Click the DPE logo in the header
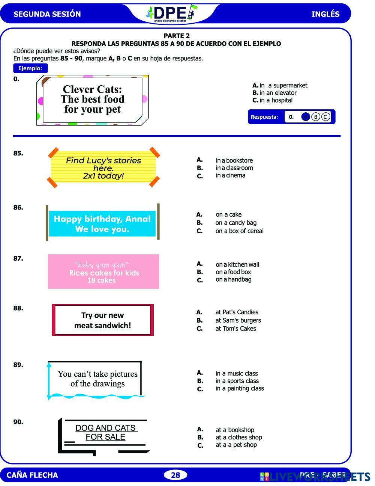tap(171, 14)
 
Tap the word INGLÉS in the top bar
tap(325, 14)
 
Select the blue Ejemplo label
tap(30, 68)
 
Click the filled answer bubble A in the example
tap(306, 117)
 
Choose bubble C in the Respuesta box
tap(325, 117)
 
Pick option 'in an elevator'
tap(278, 93)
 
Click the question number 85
tap(18, 153)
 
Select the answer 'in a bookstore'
tap(234, 160)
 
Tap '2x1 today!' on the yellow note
tap(103, 176)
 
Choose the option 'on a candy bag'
tap(236, 223)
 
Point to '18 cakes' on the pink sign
tap(101, 280)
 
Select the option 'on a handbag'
tap(233, 279)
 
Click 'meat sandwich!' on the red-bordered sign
tap(102, 326)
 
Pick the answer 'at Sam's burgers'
tap(238, 320)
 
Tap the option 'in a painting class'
tap(240, 388)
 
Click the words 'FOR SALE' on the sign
tap(105, 437)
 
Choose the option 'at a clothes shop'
tap(238, 437)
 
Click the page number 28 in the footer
tap(175, 475)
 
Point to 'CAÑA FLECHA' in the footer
tap(32, 475)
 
